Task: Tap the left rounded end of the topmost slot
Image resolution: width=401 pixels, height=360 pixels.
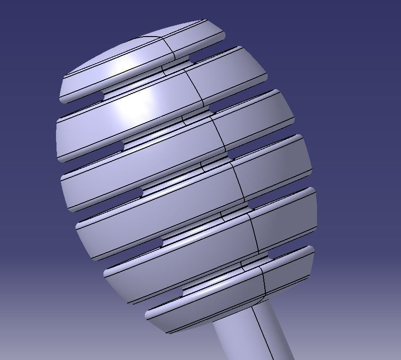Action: click(100, 97)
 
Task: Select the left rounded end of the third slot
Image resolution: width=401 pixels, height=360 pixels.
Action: click(138, 193)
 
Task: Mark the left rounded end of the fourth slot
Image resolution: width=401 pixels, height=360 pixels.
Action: click(159, 243)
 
